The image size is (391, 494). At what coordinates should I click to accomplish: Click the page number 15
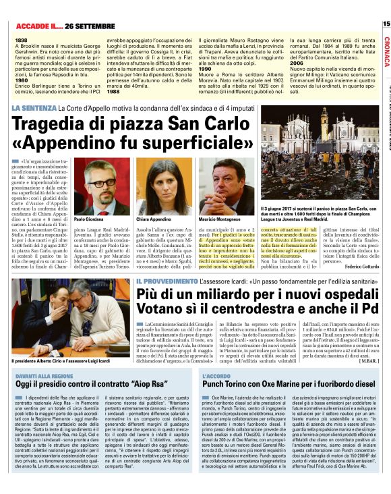click(x=386, y=23)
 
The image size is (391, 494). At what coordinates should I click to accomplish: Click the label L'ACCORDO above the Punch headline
click(x=216, y=374)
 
